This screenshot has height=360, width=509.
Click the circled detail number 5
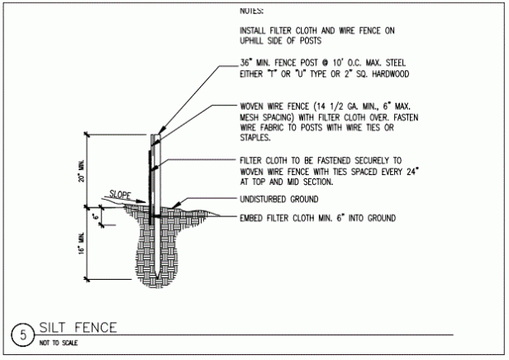[23, 334]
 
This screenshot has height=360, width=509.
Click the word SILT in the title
[52, 328]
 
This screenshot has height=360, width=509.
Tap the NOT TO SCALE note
[59, 343]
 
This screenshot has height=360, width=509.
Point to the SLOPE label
[120, 195]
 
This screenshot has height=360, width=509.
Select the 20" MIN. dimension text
[82, 171]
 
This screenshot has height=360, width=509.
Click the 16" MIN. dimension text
[82, 244]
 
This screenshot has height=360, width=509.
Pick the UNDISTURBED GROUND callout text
[279, 199]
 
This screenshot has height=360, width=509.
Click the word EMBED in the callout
[251, 218]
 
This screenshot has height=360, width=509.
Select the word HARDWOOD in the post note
[391, 74]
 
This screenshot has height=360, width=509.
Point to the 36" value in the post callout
[245, 63]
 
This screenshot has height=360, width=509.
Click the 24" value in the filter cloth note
[412, 171]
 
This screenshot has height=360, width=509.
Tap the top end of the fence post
[155, 135]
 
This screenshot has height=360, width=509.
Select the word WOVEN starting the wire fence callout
[252, 107]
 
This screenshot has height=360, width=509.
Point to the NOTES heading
[251, 11]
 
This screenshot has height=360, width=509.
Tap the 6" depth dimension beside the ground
[96, 216]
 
